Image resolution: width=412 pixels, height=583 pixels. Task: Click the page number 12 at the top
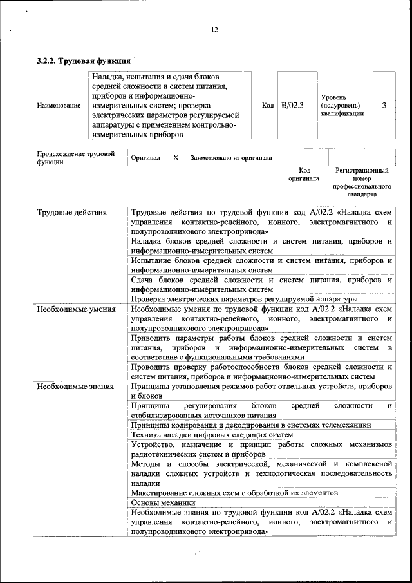coord(215,30)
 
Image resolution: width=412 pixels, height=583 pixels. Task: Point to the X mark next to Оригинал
coord(175,157)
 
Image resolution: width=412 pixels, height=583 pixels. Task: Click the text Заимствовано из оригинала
coord(231,157)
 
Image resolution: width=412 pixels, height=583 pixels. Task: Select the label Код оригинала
coord(304,175)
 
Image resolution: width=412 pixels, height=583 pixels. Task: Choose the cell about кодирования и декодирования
coord(250,425)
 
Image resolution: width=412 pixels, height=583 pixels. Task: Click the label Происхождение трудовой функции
coord(76,158)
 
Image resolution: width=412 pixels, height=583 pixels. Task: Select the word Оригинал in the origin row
coord(145,158)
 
